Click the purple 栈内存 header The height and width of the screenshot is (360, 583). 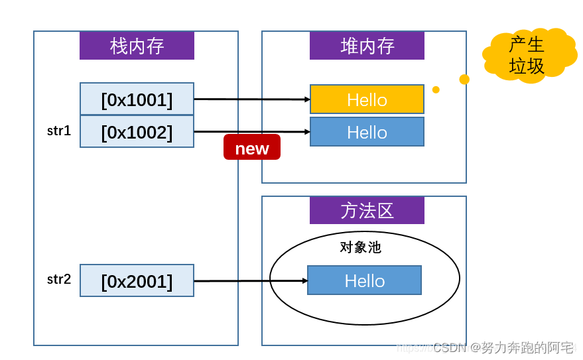pyautogui.click(x=137, y=46)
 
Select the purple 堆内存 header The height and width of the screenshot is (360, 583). pyautogui.click(x=367, y=46)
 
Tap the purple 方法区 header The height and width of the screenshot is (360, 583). pyautogui.click(x=367, y=210)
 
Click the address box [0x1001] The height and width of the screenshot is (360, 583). pyautogui.click(x=137, y=99)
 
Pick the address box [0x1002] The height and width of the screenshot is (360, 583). pyautogui.click(x=137, y=132)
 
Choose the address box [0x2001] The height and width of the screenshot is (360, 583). pyautogui.click(x=137, y=280)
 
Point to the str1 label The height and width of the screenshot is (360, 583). pyautogui.click(x=59, y=131)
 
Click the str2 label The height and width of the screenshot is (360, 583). pyautogui.click(x=59, y=279)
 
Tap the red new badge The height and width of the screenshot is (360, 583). pyautogui.click(x=251, y=147)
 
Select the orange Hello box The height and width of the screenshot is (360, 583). pyautogui.click(x=367, y=99)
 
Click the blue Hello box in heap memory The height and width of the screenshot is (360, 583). pyautogui.click(x=367, y=132)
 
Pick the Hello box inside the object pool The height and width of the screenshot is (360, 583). pyautogui.click(x=364, y=280)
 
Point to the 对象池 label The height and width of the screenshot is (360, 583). pyautogui.click(x=360, y=247)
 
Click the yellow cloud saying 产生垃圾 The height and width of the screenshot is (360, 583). pyautogui.click(x=529, y=55)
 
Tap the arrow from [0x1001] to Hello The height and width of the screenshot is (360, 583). pyautogui.click(x=252, y=99)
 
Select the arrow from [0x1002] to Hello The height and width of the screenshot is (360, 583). pyautogui.click(x=252, y=132)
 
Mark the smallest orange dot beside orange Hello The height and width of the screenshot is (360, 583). pyautogui.click(x=436, y=90)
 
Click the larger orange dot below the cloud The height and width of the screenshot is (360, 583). pyautogui.click(x=464, y=80)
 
